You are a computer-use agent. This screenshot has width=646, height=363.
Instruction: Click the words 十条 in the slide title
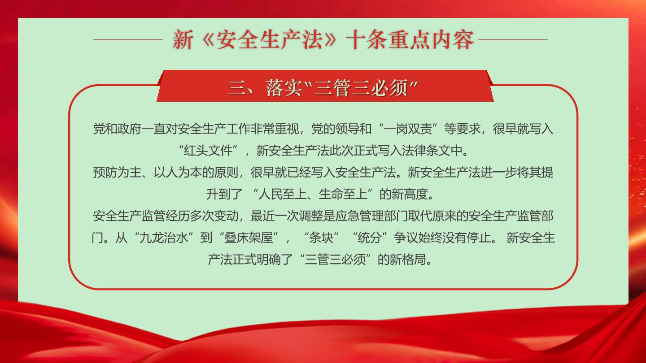pos(366,39)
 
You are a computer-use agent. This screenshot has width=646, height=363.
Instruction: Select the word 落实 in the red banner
pos(284,87)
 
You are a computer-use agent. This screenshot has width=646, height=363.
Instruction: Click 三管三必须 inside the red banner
pos(361,87)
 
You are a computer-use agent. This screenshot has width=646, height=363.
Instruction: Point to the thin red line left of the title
pos(128,39)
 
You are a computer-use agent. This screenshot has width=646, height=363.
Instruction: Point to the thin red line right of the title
pos(513,39)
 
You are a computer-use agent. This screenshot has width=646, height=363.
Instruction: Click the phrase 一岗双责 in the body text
pos(408,129)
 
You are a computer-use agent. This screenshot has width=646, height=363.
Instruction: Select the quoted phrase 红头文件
pos(208,151)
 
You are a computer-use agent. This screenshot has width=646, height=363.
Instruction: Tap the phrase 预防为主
pos(117,172)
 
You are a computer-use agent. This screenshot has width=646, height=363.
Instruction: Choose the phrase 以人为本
pos(178,172)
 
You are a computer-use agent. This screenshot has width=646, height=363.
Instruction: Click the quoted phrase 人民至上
pos(283,194)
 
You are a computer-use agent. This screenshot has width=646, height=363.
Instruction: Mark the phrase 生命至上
pos(343,194)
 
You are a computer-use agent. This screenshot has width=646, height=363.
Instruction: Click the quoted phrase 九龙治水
pos(164,238)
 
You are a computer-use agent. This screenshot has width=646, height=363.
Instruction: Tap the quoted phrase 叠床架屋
pos(249,238)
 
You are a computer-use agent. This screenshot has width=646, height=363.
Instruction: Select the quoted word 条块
pos(321,238)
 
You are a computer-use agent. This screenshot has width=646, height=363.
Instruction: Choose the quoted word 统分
pos(370,238)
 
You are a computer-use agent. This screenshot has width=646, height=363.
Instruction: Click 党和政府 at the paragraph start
pos(117,129)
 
